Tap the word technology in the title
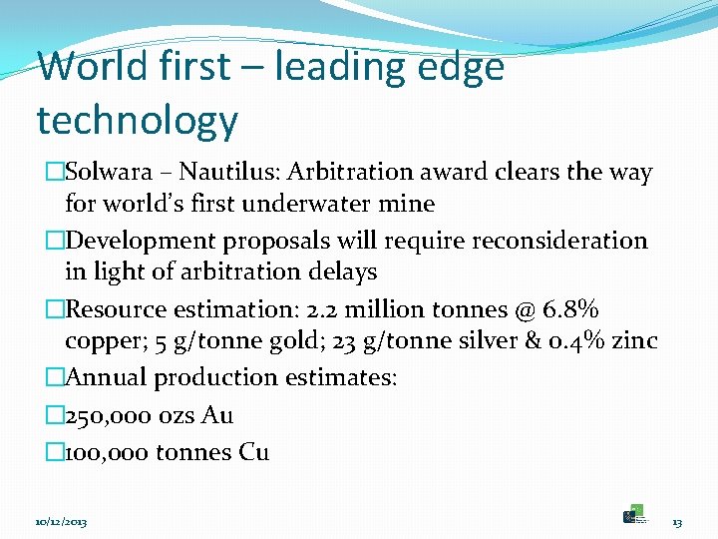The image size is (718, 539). point(137,121)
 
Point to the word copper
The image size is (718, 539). point(101,341)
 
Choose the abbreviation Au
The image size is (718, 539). point(217,415)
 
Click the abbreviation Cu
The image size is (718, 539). point(253,452)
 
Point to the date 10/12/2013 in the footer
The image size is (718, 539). point(61,522)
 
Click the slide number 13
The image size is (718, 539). point(676,522)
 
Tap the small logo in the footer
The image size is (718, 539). point(634,513)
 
